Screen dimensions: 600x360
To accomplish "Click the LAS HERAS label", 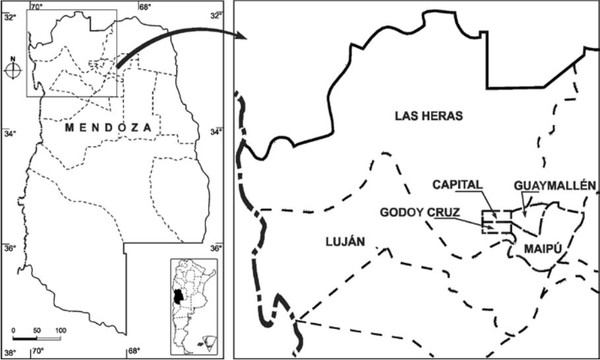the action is [429, 116].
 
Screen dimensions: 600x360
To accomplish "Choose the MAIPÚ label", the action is [543, 248].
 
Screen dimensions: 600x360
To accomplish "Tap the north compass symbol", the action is [13, 71].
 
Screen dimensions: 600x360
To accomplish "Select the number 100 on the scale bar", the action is [61, 330].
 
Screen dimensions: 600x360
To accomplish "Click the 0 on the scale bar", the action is [14, 330].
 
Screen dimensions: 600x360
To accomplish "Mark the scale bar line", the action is [37, 338].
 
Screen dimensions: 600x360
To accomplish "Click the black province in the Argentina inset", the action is [177, 297].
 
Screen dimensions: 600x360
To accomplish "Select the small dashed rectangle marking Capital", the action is [496, 222].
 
